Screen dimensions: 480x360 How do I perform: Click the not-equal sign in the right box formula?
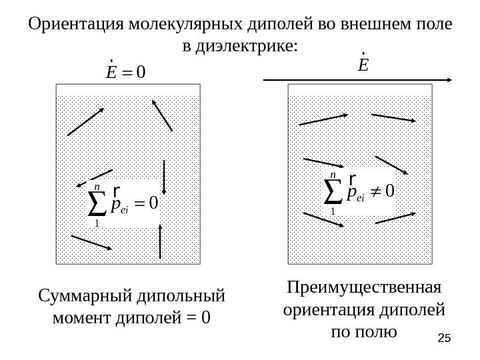tap(375, 191)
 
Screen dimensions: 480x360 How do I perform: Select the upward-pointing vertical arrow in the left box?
tap(161, 241)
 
